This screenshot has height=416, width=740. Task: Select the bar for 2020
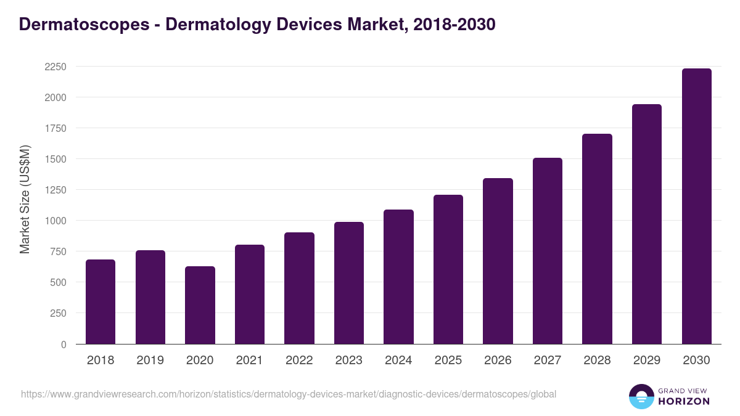[200, 305]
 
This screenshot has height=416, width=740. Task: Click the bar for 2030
[696, 206]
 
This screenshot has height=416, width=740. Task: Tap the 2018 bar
[101, 302]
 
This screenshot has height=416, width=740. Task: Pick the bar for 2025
[448, 269]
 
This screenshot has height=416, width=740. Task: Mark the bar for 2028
[597, 239]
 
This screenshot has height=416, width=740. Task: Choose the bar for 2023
[348, 283]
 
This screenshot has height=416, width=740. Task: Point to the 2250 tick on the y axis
[55, 67]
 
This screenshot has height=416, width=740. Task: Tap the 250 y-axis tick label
[58, 313]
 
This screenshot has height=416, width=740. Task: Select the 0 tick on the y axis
[64, 345]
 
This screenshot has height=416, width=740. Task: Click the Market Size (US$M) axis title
[25, 199]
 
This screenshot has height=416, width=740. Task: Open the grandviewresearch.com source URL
[289, 394]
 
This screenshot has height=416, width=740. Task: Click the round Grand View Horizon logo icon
[641, 396]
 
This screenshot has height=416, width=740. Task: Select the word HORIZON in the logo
[684, 401]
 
